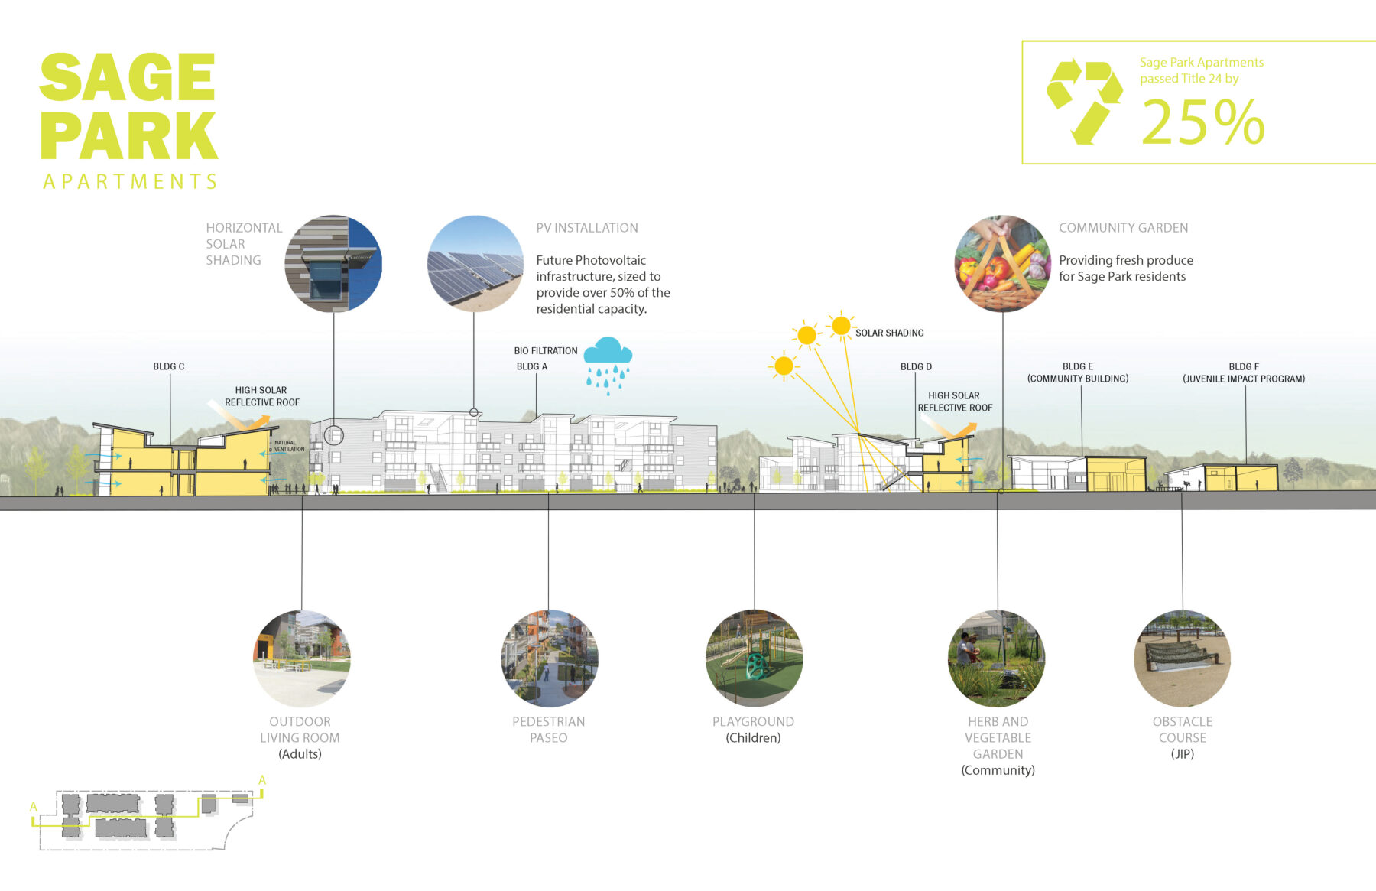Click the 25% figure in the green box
[1203, 122]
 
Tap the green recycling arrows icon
[1084, 101]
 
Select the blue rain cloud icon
[608, 363]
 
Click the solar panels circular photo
[475, 263]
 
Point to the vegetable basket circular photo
[1002, 263]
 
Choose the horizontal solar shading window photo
[333, 263]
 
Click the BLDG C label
[169, 366]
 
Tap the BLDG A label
[532, 366]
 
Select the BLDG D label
[916, 366]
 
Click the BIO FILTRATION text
[546, 350]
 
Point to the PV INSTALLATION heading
[587, 228]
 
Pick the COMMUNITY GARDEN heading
[1123, 228]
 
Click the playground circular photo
[754, 658]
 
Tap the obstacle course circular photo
[1182, 658]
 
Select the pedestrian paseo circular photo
[549, 658]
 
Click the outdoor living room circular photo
[301, 658]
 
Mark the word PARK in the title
[129, 136]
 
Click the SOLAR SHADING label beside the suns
[889, 333]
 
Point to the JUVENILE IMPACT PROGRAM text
[1244, 379]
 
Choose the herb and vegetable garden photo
[996, 658]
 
